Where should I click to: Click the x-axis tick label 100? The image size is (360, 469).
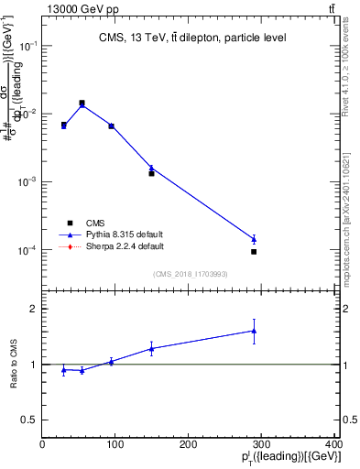pos(115,444)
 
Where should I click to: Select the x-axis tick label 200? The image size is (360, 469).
pos(190,444)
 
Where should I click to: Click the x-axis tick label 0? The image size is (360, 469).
pos(42,444)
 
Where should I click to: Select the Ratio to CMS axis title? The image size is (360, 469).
pos(14,364)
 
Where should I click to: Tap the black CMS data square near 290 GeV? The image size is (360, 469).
pos(254,251)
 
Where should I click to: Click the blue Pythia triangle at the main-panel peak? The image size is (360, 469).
pos(82,104)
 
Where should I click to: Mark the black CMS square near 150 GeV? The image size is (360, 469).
pos(151,173)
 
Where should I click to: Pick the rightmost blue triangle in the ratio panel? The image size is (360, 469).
pos(254,331)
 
